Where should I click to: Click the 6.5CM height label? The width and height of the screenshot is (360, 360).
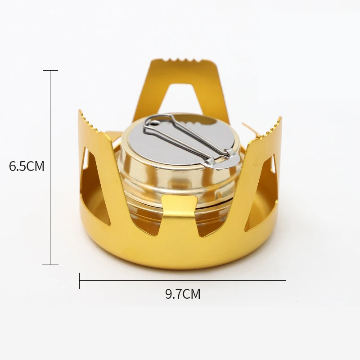27,166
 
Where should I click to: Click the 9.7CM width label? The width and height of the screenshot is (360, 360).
183,294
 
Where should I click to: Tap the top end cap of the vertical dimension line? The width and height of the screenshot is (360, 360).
50,71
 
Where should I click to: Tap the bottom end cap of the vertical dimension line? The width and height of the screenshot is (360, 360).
50,265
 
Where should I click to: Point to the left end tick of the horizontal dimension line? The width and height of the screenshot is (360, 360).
80,280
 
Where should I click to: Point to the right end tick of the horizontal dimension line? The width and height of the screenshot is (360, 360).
286,280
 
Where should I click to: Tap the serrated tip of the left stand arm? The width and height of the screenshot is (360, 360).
90,121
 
